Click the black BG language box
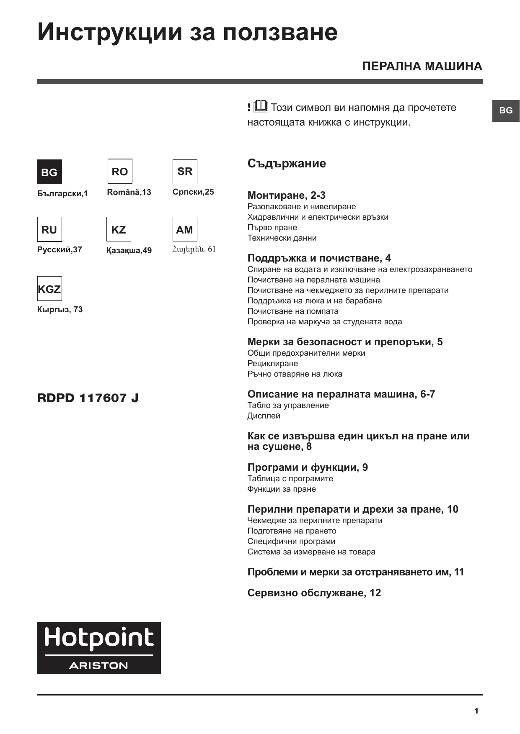point(49,172)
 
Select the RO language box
point(120,171)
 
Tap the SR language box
point(185,171)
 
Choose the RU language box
point(49,229)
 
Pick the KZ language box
point(119,229)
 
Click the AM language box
point(185,229)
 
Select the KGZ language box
point(49,289)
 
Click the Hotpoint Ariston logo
point(99,648)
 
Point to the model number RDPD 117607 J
point(88,398)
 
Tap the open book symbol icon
point(261,107)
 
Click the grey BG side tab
point(506,110)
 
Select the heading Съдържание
point(287,163)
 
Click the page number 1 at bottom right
point(476,711)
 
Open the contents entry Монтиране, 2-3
point(286,195)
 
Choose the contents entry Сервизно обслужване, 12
point(314,593)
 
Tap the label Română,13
point(129,192)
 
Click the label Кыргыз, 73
point(60,310)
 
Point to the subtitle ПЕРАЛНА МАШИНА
point(422,67)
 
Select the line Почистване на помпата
point(293,311)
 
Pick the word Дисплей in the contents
point(264,416)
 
